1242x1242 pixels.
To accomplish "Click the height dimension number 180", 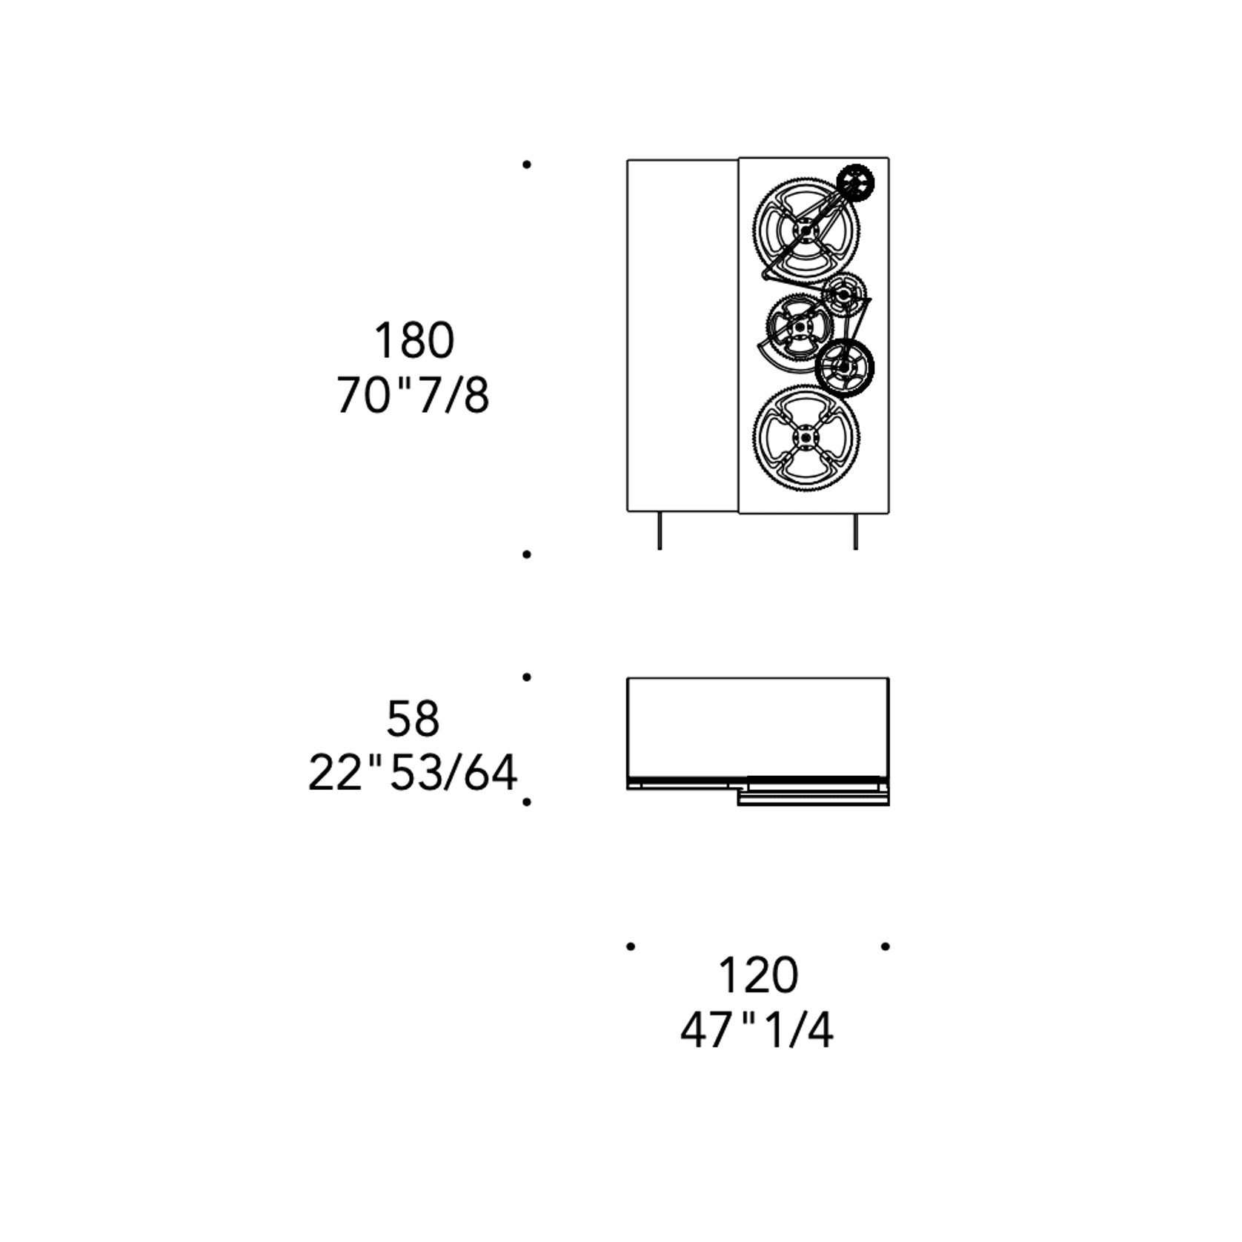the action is click(x=414, y=340).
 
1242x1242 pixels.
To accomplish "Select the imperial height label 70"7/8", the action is click(x=413, y=394).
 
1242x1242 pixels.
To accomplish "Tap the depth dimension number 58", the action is click(x=413, y=718).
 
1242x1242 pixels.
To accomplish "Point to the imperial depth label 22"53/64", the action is click(x=412, y=772).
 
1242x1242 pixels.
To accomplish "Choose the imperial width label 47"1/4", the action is click(x=757, y=1029).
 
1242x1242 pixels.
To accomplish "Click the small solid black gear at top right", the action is click(x=855, y=182).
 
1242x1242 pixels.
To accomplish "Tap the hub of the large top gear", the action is click(x=806, y=230).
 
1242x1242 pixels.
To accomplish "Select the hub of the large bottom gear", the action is click(x=806, y=437).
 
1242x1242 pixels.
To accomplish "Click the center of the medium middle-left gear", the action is click(x=799, y=326).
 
